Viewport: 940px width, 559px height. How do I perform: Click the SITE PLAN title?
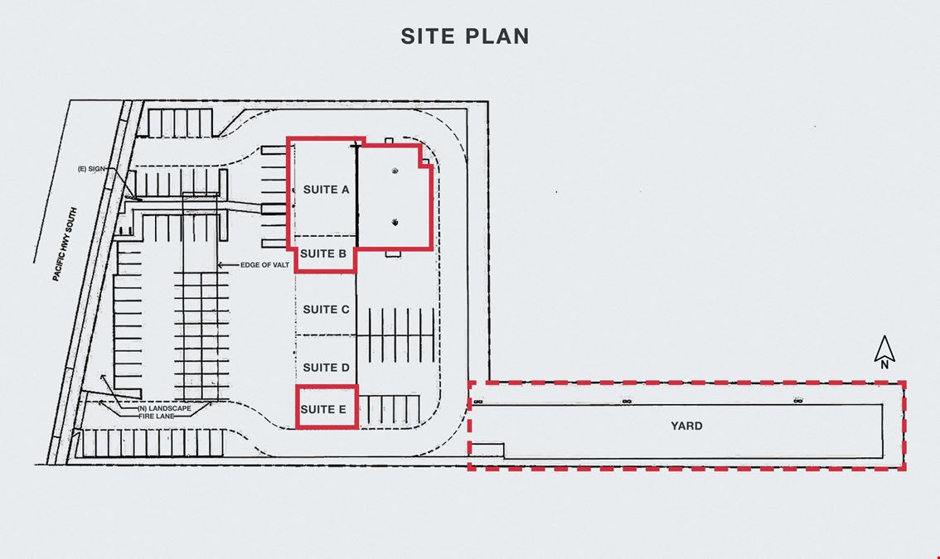(465, 36)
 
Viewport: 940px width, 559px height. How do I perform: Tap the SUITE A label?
(326, 190)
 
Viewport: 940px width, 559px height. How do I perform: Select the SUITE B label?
(323, 253)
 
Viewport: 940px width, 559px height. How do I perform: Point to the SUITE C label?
(326, 309)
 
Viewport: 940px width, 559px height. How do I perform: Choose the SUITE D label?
(326, 367)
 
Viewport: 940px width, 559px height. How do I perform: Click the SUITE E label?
(323, 409)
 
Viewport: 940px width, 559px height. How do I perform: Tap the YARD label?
(686, 426)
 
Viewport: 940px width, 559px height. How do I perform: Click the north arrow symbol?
(884, 349)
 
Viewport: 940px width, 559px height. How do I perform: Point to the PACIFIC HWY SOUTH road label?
(65, 244)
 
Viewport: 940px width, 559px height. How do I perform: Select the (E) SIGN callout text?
(91, 169)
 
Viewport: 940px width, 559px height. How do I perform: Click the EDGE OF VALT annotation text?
(265, 265)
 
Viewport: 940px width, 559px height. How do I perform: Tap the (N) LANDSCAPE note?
(164, 408)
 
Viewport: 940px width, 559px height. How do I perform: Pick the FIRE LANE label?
(157, 416)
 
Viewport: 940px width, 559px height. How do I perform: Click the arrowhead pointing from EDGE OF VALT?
(220, 265)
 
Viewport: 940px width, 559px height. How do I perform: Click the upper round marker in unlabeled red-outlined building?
(395, 171)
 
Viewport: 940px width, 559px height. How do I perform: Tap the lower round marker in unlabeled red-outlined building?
(395, 222)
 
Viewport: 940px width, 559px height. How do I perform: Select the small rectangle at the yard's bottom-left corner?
(487, 451)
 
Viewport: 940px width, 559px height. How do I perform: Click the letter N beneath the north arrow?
(884, 364)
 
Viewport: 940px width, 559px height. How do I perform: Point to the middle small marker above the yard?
(627, 401)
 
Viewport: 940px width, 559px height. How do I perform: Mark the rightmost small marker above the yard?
(798, 400)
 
